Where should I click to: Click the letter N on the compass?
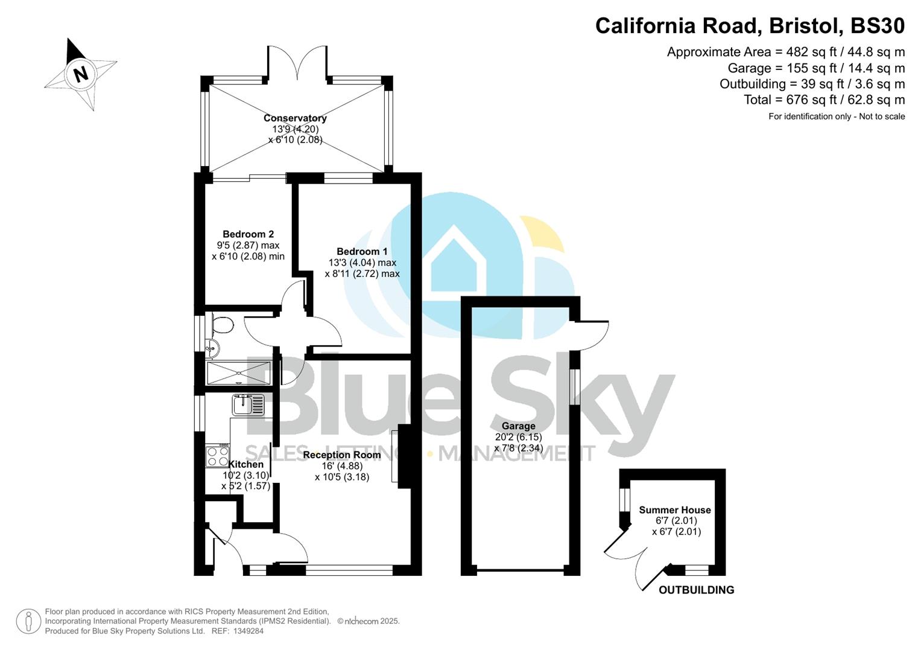tap(80, 74)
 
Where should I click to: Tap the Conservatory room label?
tap(295, 118)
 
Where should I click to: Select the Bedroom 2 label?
tap(248, 234)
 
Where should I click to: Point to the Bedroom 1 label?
tap(362, 251)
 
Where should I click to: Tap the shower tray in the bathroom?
tap(238, 372)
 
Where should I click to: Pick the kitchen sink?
tap(248, 404)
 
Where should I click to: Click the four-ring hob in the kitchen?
tap(217, 456)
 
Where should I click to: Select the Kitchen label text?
tap(246, 464)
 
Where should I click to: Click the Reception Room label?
tap(342, 455)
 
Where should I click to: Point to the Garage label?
tap(518, 426)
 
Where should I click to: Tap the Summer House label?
tap(675, 510)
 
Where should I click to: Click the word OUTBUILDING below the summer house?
tap(696, 590)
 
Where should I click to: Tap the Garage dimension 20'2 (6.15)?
tap(518, 437)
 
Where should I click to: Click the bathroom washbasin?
tap(210, 348)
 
